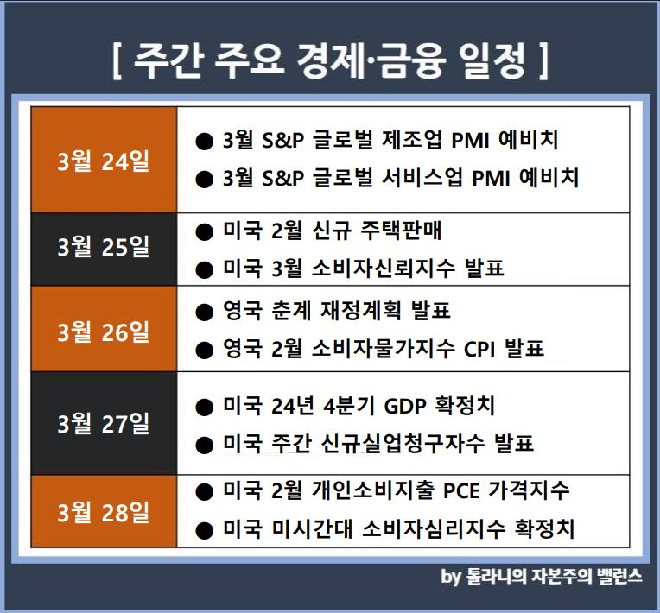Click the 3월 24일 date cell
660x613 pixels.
click(x=104, y=160)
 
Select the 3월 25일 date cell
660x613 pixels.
click(x=104, y=250)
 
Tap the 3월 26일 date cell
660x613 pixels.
click(x=104, y=329)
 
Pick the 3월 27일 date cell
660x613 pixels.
click(x=104, y=423)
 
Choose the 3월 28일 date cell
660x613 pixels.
click(x=104, y=511)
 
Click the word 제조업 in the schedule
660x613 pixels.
click(x=412, y=140)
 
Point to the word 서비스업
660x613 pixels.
click(x=422, y=178)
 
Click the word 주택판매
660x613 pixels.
click(x=401, y=231)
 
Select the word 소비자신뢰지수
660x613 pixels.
click(x=383, y=268)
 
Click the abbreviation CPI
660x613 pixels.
click(x=479, y=349)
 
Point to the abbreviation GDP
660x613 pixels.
click(x=405, y=406)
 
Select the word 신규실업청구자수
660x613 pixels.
click(x=403, y=444)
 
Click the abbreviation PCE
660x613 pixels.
click(x=461, y=490)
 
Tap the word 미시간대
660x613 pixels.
click(x=312, y=528)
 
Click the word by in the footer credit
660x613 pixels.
click(x=451, y=577)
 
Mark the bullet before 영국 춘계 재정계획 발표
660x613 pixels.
click(x=205, y=313)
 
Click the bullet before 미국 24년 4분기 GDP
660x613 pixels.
click(x=205, y=408)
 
